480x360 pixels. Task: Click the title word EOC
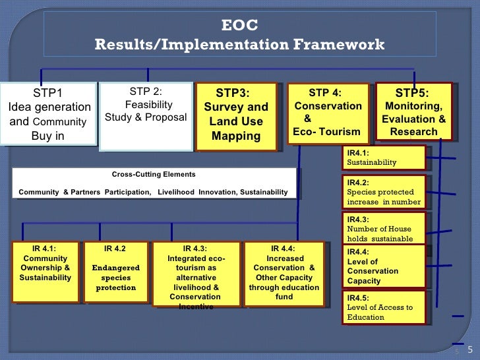click(x=239, y=26)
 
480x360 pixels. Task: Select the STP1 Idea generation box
click(x=48, y=113)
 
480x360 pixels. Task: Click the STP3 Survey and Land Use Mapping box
click(x=236, y=115)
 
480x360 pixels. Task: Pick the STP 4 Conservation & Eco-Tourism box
click(x=327, y=112)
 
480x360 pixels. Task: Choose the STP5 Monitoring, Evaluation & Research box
click(x=413, y=111)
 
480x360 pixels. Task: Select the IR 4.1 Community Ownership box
click(x=45, y=272)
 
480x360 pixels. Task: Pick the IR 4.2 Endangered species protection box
click(x=115, y=272)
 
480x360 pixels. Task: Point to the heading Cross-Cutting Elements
click(x=154, y=175)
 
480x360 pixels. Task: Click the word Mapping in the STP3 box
click(x=236, y=136)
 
